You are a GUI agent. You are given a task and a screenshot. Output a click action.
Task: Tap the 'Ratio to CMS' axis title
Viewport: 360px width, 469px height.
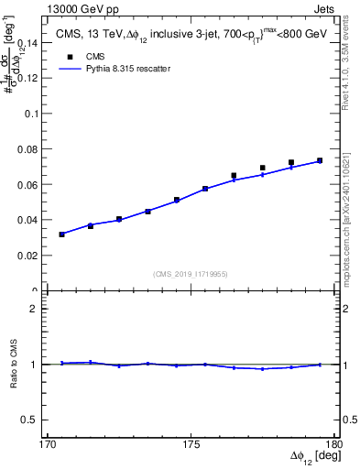point(14,364)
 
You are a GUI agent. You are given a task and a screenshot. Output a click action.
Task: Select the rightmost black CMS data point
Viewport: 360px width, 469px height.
point(320,161)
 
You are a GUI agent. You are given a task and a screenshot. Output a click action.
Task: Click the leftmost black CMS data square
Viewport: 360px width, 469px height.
point(61,234)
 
